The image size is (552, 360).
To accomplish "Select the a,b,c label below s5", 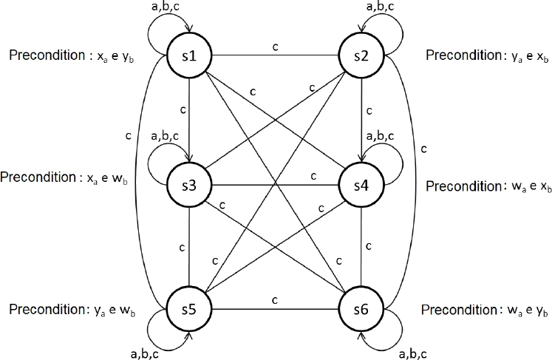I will click(x=146, y=350).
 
